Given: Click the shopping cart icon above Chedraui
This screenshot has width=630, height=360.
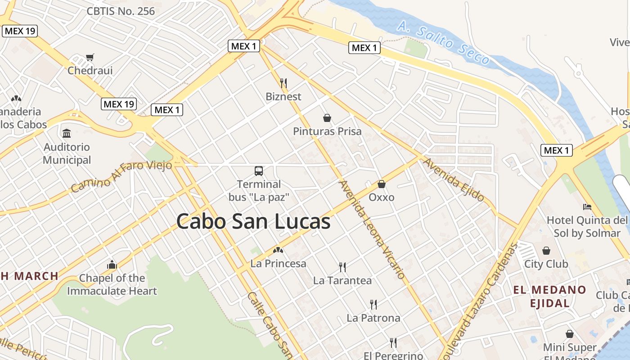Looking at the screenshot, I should coord(90,57).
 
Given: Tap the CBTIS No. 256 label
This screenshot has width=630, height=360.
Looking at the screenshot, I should coord(121,11).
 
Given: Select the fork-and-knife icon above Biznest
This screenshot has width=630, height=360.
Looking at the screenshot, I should coord(283,83).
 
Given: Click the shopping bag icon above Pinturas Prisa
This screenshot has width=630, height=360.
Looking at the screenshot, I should coord(327,118).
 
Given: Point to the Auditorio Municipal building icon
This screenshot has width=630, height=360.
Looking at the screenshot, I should coord(67,133).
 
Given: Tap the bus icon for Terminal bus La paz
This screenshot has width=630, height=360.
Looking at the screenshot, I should coord(259,171).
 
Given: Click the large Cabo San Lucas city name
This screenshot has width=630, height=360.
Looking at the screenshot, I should coord(253,221).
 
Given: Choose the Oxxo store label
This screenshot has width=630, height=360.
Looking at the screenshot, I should coord(382,197).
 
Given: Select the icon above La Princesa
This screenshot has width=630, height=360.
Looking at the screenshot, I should coord(278,250).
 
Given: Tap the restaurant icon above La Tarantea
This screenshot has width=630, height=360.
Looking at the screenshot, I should coord(342,267).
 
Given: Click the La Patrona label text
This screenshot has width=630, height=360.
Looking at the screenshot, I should coord(373,318).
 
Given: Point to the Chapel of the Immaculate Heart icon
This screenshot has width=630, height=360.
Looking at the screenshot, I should coord(112,265).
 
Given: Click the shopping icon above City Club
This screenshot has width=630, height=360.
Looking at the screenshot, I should coord(546,250).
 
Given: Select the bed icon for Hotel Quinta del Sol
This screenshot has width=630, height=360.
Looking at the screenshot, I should coord(587,207).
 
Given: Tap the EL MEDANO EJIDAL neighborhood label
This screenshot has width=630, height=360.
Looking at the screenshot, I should coord(550,296).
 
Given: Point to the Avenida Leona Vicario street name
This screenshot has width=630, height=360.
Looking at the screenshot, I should coord(372,229).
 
